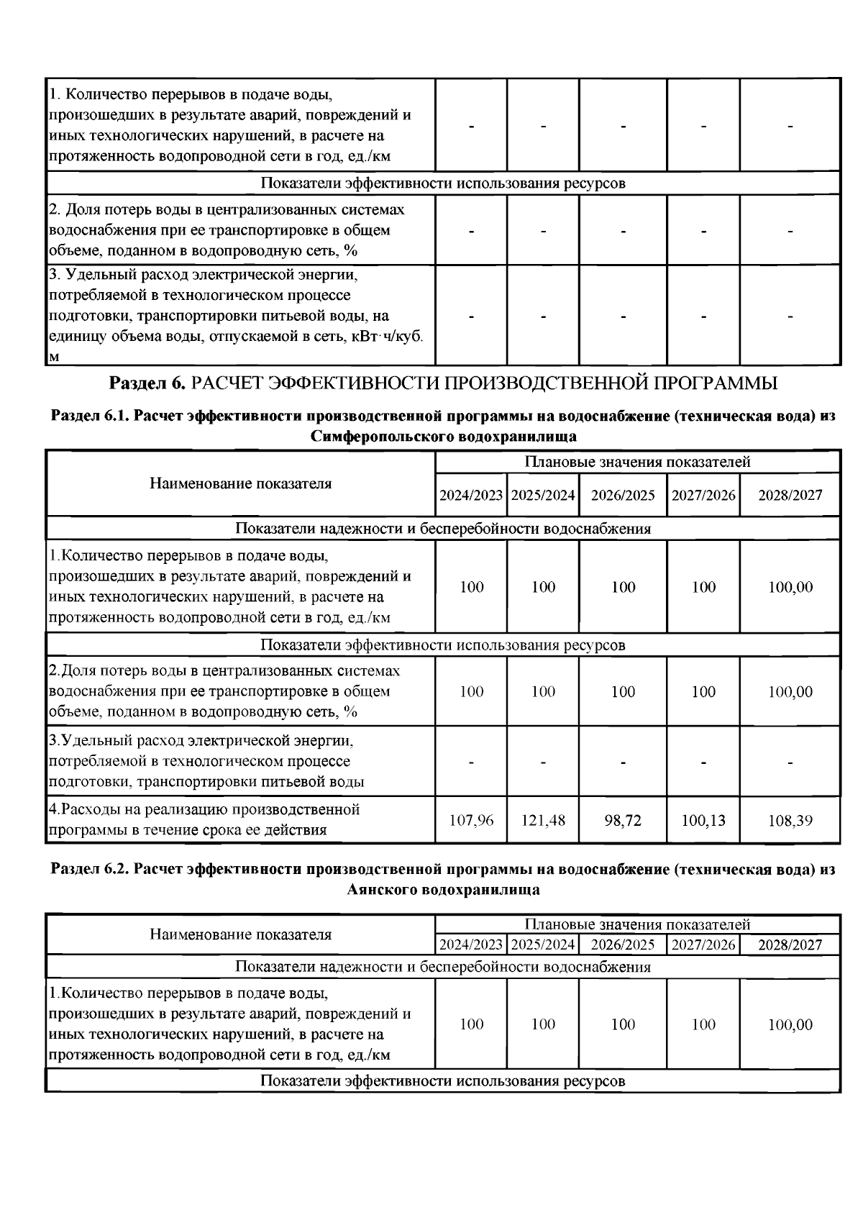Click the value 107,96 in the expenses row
tap(471, 820)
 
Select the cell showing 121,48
tap(543, 820)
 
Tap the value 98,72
tap(623, 820)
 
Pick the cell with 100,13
tap(703, 820)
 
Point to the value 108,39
tap(790, 820)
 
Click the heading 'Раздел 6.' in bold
tap(147, 383)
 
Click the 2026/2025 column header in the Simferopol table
tap(623, 495)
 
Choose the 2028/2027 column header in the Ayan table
tap(790, 944)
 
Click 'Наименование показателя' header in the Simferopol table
tap(241, 483)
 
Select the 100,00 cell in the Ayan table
tap(790, 1024)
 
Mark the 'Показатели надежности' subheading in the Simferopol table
tap(443, 529)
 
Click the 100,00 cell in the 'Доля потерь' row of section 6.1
tap(790, 692)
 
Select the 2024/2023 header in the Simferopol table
tap(471, 495)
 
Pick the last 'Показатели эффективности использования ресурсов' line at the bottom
tap(443, 1080)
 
